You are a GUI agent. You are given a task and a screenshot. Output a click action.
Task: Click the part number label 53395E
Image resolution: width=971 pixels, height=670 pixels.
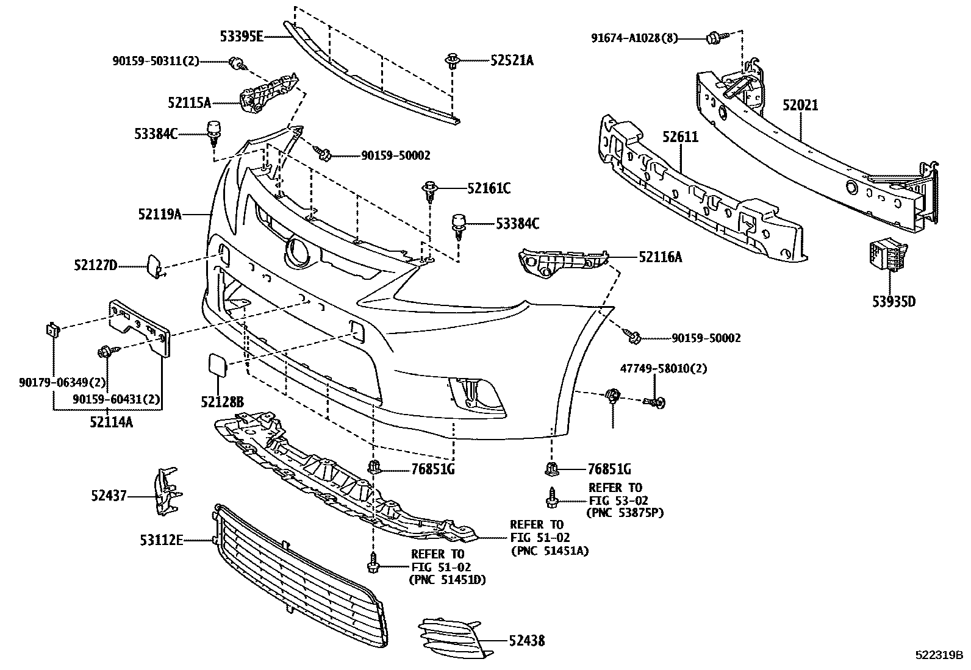[x=242, y=37]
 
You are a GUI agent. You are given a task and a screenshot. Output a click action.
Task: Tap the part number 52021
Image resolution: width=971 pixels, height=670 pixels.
[x=800, y=105]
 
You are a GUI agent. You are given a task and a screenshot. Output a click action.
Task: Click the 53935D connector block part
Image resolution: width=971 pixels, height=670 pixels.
[x=888, y=256]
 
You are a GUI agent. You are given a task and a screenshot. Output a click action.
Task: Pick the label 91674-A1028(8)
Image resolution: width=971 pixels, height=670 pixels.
[x=635, y=38]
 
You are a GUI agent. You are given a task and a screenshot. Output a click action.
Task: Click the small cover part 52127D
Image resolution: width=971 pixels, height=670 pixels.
[x=152, y=265]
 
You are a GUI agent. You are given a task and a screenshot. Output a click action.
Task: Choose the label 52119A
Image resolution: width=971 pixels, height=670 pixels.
[x=160, y=214]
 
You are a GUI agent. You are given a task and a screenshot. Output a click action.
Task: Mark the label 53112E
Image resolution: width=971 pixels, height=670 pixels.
[x=161, y=540]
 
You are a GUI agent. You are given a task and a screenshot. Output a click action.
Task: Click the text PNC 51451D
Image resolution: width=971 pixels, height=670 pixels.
[x=447, y=579]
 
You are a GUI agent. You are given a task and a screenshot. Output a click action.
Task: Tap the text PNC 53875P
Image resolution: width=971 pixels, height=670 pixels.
[x=625, y=512]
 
